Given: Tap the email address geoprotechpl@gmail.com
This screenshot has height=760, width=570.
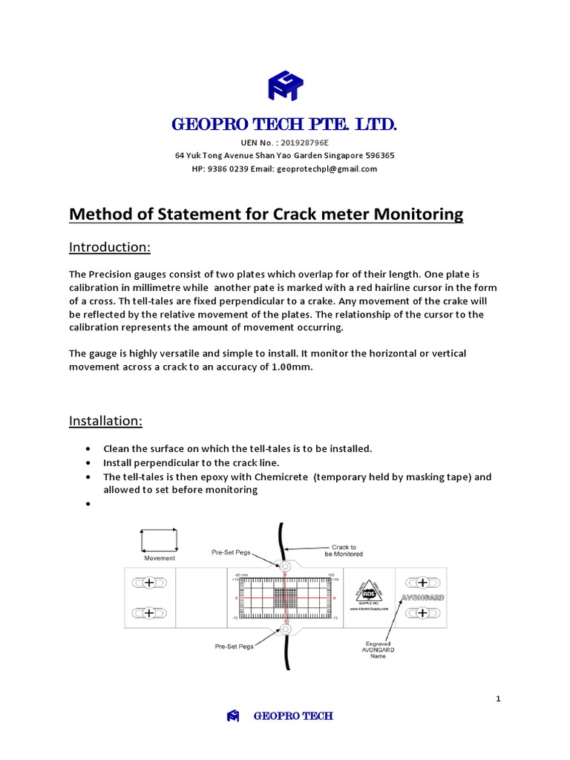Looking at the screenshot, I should [327, 168].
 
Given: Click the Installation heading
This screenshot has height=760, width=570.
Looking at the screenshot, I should [105, 421].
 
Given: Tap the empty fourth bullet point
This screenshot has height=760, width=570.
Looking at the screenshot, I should [88, 504].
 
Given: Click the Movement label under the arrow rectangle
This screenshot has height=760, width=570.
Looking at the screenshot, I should [160, 557].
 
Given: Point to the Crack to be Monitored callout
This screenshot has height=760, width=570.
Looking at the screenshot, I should [342, 550].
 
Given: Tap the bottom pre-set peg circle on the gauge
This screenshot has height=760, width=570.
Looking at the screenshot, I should [284, 629].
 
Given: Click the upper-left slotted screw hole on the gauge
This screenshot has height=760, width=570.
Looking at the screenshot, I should [148, 583].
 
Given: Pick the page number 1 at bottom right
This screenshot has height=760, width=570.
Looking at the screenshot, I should [499, 698].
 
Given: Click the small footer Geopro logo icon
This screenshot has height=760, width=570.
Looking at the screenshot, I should [233, 716].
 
